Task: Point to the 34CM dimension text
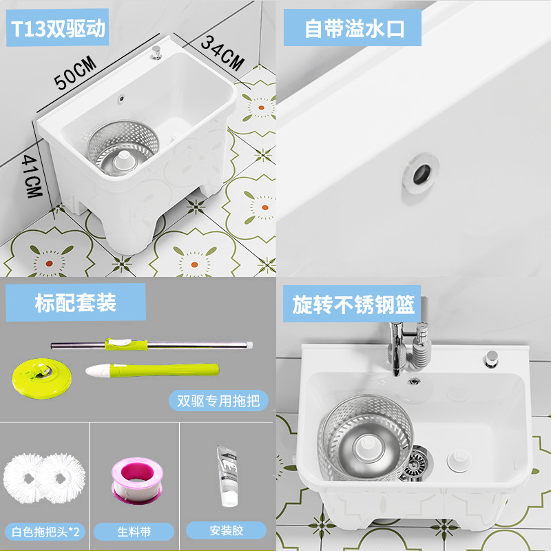[x=222, y=52]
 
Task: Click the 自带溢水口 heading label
[x=353, y=29]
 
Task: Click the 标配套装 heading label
[x=76, y=302]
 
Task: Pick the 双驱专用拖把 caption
[x=218, y=399]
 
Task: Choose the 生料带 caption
[x=134, y=531]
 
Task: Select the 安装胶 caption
[x=225, y=530]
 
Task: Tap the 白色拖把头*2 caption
[x=45, y=531]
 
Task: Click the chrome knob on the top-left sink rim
[x=158, y=51]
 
